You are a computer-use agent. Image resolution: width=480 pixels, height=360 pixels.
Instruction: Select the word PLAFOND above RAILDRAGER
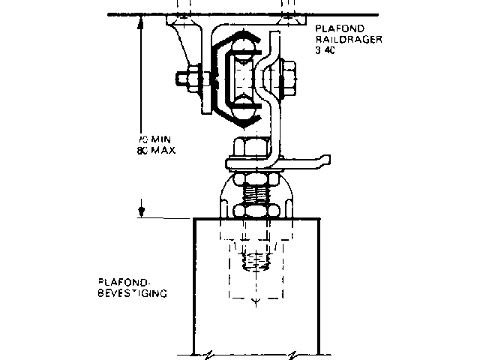[334, 31]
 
